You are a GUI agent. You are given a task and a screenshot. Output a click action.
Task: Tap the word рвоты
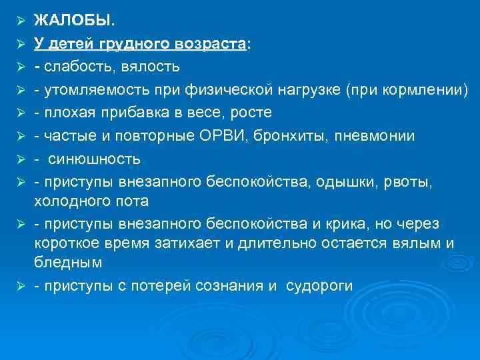click(385, 181)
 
